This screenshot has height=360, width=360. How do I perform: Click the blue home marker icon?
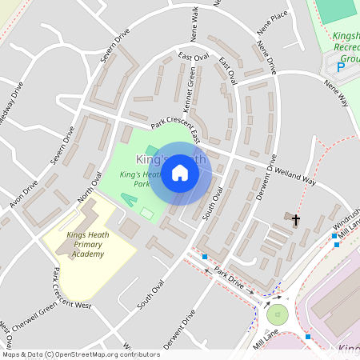(x=180, y=172)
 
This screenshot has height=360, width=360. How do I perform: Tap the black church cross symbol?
(x=296, y=218)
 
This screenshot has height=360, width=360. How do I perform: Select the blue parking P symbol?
(x=341, y=70)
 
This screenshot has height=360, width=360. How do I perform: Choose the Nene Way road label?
(x=336, y=91)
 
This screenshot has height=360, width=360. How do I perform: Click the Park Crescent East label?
(x=176, y=128)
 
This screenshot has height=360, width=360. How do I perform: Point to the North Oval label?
(x=90, y=186)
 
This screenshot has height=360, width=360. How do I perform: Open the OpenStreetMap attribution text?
(x=80, y=354)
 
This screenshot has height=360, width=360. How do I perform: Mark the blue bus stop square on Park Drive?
(x=206, y=257)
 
